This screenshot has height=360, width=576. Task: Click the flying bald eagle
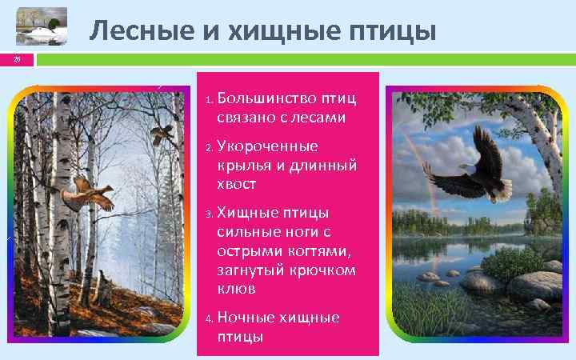[x=468, y=172]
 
